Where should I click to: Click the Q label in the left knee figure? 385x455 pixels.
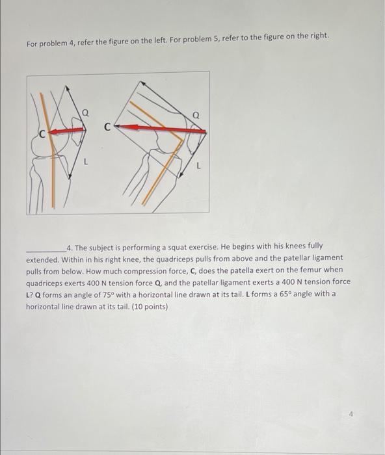[x=85, y=112]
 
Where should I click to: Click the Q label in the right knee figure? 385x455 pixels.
[x=196, y=116]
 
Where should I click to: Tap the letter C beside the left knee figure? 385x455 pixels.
[x=43, y=134]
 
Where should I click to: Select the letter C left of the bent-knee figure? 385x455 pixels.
[x=107, y=127]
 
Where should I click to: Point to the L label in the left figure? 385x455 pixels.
[x=85, y=161]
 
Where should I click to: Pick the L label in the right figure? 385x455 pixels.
[x=198, y=166]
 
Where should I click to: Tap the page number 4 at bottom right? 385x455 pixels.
[x=351, y=415]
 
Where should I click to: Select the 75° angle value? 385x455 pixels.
[x=109, y=295]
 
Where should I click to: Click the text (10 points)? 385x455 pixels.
[x=150, y=307]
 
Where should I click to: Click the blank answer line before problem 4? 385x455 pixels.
[x=46, y=252]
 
